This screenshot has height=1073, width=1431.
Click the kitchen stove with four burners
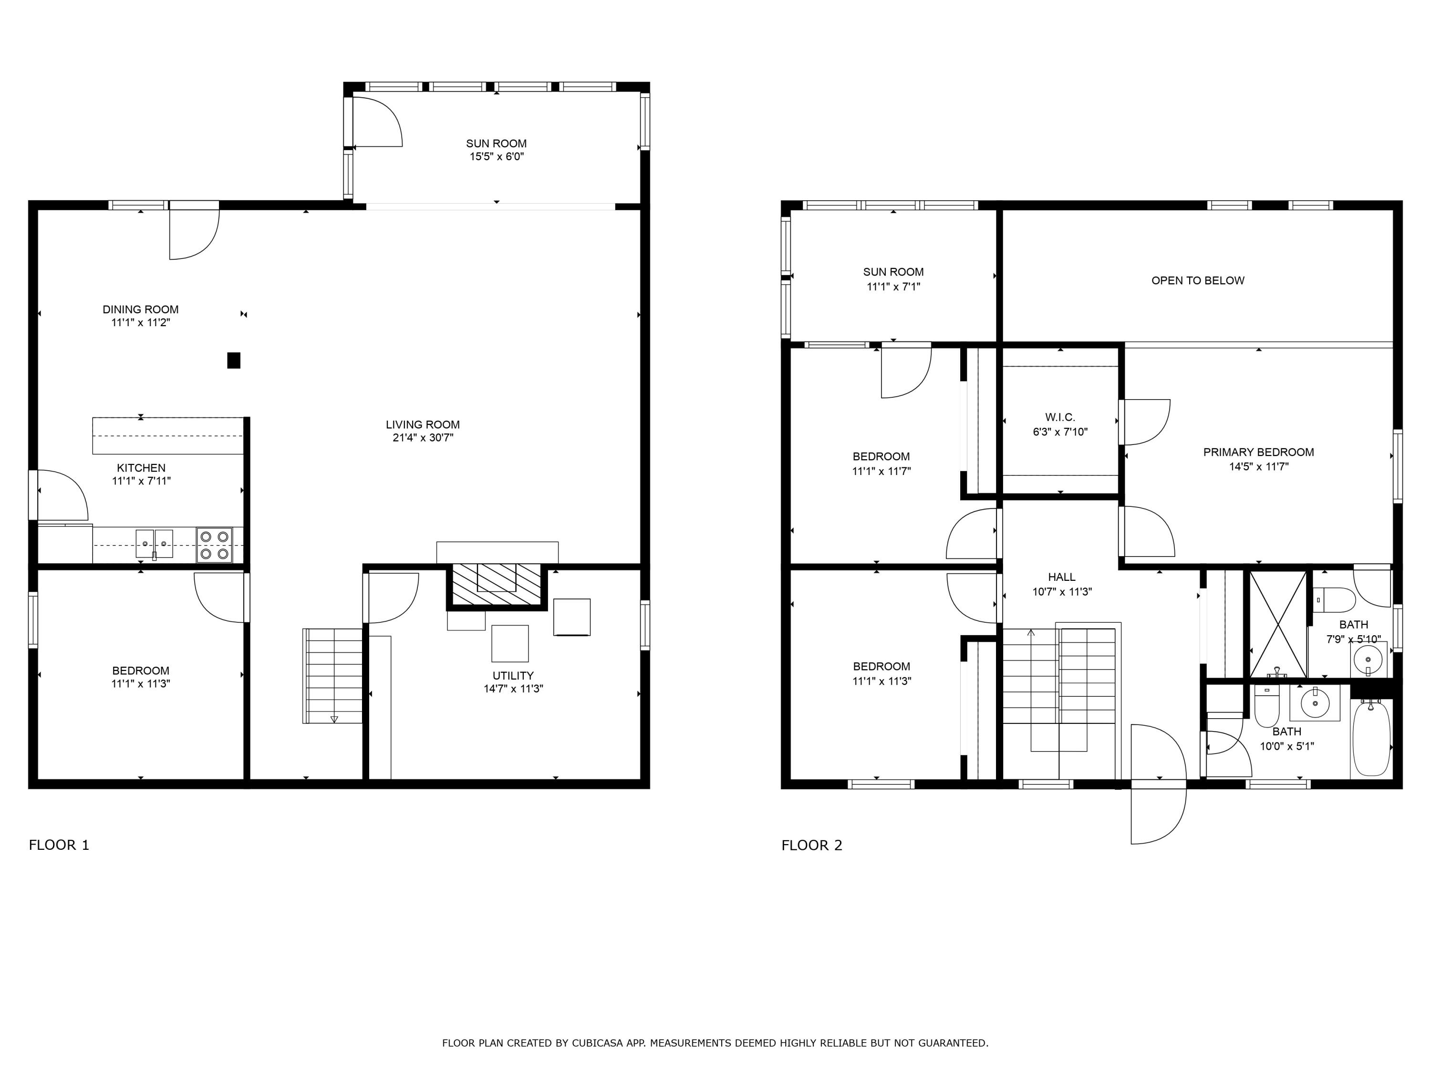tap(214, 545)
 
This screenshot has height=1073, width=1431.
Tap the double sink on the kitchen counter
tap(154, 543)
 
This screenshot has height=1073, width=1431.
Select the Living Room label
tap(423, 425)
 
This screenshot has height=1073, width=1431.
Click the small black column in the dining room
tap(234, 360)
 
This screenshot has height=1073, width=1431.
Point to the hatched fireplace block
tap(496, 585)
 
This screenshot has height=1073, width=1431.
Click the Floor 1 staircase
tap(333, 676)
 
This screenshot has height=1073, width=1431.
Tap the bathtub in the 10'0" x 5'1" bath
tap(1370, 739)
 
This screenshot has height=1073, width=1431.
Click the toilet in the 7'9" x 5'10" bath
tap(1334, 599)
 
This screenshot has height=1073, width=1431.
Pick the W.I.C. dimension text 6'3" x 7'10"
tap(1060, 432)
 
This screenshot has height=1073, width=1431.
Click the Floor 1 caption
tap(59, 845)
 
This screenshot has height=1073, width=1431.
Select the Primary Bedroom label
tap(1258, 452)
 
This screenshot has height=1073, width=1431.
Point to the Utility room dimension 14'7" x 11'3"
tap(512, 689)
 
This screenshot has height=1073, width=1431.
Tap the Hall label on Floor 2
tap(1062, 577)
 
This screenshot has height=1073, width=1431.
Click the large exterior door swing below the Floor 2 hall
tap(1158, 784)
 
